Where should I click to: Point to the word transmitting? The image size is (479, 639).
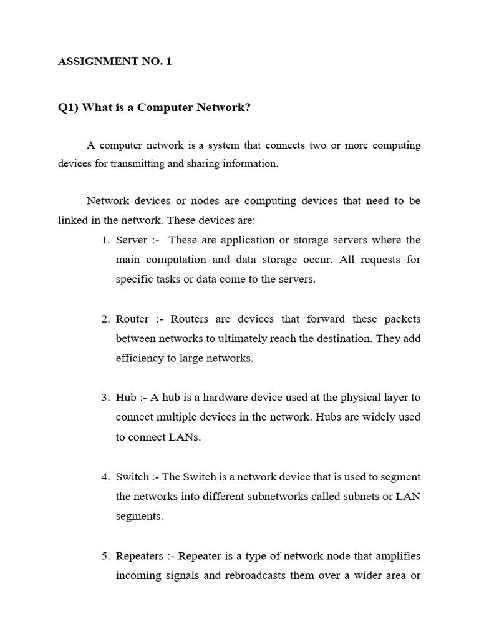137,164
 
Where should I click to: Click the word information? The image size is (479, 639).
252,164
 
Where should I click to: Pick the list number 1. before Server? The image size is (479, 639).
105,240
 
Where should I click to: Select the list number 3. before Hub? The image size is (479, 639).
105,398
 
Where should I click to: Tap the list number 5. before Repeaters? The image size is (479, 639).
105,556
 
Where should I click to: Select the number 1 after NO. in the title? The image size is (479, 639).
168,62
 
